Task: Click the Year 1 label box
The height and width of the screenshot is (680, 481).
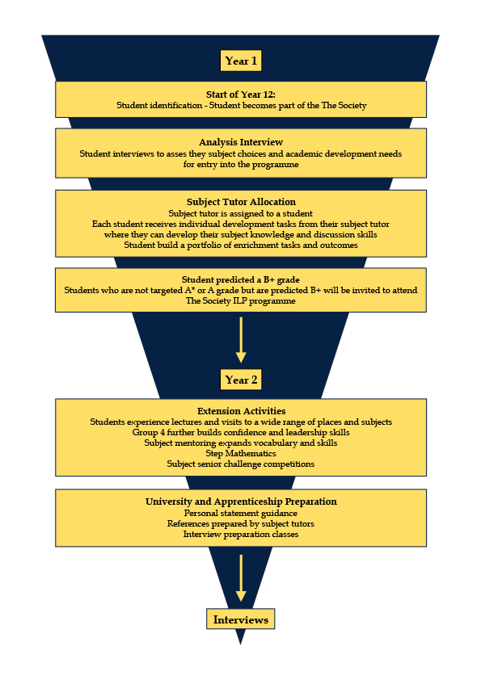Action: pos(241,61)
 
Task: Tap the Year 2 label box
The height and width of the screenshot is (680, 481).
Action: pos(241,380)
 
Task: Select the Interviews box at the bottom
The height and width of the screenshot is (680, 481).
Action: pos(241,619)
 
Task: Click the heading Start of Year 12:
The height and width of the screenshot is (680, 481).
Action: pos(241,94)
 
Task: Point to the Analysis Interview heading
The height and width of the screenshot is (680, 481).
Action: pos(241,142)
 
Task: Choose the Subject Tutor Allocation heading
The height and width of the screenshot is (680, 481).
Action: pos(241,202)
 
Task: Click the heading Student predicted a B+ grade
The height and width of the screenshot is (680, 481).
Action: pos(241,279)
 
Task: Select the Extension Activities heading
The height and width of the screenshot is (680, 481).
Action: pos(242,411)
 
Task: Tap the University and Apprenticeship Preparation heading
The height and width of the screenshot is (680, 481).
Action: pos(241,502)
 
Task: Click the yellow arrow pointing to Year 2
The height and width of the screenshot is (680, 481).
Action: pos(241,340)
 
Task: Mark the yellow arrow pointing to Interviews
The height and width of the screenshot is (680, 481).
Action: pos(241,578)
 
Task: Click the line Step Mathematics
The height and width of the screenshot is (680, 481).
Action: pos(241,454)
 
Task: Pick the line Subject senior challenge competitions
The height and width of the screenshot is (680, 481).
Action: pos(241,464)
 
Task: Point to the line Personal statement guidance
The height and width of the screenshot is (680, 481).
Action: pos(241,514)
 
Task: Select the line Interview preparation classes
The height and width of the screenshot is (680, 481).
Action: pos(241,535)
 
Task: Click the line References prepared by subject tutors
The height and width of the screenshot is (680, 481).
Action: pos(241,524)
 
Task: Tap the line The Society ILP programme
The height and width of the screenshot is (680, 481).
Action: pos(241,301)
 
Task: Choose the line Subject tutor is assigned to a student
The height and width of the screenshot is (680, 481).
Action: pos(241,214)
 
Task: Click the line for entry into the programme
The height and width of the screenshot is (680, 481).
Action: pos(241,165)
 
